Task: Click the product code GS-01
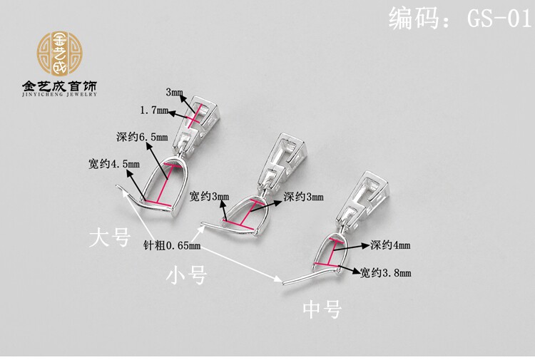pos(460,18)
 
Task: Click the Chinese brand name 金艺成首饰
pos(60,86)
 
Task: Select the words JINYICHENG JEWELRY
pos(60,96)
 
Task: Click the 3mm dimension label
pos(174,93)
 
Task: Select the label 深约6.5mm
pos(141,136)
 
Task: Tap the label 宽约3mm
pos(210,196)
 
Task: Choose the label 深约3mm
pos(303,196)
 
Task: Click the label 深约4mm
pos(390,245)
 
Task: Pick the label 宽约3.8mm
pos(385,272)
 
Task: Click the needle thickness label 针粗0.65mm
pos(172,245)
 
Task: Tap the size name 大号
pos(110,237)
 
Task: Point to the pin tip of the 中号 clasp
pos(282,282)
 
